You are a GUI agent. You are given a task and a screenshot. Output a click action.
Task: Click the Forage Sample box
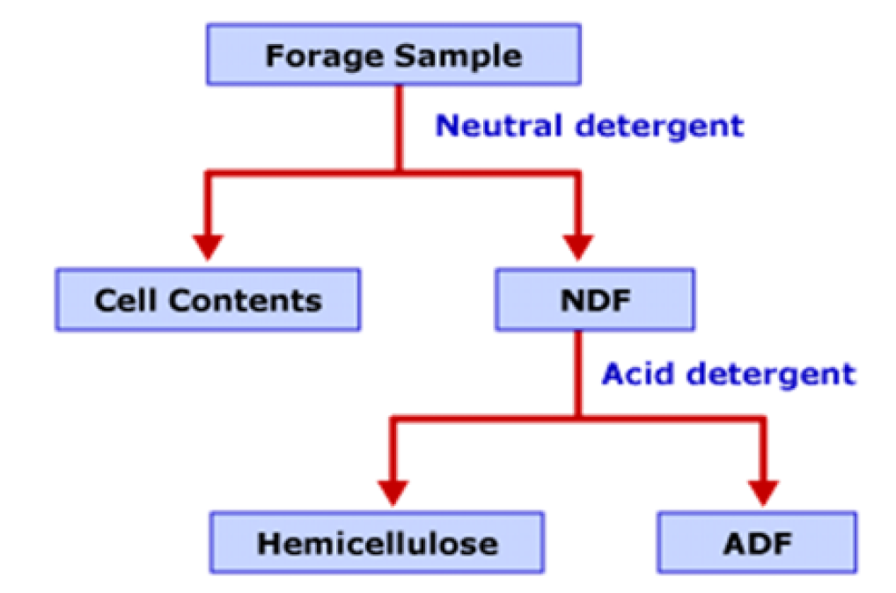393,55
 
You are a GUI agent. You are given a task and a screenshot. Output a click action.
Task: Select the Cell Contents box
208,300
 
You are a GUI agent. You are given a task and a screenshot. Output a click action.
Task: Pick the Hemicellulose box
378,543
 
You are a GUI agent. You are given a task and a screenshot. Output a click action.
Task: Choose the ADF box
757,543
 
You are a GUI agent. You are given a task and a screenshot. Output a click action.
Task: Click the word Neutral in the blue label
500,126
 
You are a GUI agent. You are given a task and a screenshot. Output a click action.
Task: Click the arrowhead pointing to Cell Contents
209,245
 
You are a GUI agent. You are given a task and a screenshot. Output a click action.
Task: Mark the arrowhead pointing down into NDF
578,245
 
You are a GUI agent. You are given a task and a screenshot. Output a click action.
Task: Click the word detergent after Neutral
657,126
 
